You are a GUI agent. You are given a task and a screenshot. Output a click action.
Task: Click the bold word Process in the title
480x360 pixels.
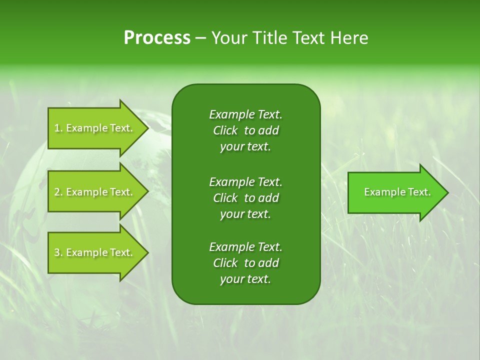coord(157,38)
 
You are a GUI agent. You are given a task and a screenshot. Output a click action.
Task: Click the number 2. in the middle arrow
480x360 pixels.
coord(58,192)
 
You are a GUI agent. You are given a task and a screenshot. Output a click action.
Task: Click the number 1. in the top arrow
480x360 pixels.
coord(58,128)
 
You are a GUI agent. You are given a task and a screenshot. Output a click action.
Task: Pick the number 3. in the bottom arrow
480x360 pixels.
coord(58,252)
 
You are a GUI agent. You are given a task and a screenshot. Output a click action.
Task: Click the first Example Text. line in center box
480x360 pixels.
coord(245,114)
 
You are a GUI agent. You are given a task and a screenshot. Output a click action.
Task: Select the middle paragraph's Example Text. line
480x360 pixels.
coord(245,181)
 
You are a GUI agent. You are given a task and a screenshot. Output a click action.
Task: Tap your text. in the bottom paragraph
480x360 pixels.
coord(245,279)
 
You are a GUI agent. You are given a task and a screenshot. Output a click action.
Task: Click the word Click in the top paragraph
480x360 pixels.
coord(225,130)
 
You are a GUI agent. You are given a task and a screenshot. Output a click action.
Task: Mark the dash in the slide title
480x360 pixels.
coord(200,38)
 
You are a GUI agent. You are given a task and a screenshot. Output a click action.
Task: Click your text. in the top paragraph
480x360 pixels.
coord(245,147)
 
